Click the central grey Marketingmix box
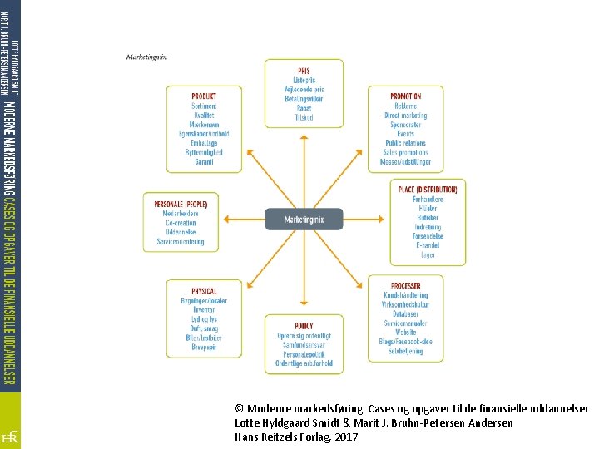tap(304, 220)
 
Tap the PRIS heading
tap(304, 72)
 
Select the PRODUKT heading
tap(204, 96)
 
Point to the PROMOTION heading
tap(405, 96)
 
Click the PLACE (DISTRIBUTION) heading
tap(428, 190)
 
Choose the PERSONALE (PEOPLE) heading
tap(181, 204)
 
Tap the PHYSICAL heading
tap(204, 291)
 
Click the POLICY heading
tap(304, 326)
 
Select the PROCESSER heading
tap(405, 286)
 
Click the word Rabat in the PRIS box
tap(304, 108)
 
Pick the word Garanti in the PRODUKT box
tap(204, 161)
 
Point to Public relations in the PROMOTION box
tap(405, 143)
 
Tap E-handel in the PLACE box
tap(428, 246)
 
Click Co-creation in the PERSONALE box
tap(181, 223)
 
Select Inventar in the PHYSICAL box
tap(204, 310)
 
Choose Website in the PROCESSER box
tap(405, 332)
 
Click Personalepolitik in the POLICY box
tap(304, 354)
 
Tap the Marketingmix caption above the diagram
tap(146, 57)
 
